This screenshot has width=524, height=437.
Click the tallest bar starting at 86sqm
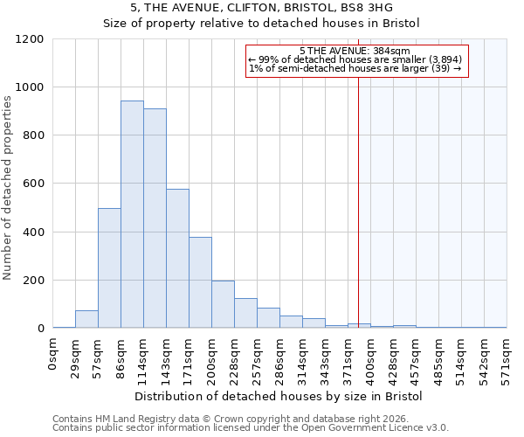click(132, 215)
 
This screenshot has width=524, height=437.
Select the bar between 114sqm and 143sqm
click(155, 218)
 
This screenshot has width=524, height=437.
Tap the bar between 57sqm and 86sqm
click(109, 268)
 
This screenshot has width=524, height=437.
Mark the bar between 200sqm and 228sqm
click(223, 304)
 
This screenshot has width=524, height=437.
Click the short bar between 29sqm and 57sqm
click(86, 319)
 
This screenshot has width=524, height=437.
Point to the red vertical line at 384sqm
click(358, 192)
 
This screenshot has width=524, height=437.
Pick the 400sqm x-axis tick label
click(370, 358)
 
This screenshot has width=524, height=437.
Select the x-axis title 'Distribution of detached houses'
click(279, 397)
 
